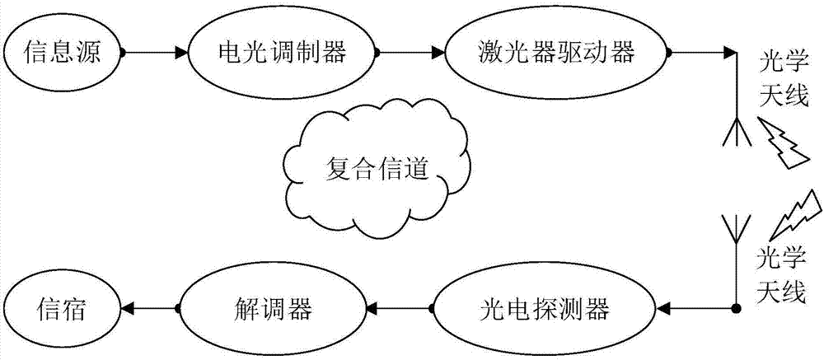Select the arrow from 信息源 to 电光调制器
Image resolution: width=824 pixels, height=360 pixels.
click(155, 53)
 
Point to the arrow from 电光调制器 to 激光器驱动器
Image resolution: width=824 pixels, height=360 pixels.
click(410, 53)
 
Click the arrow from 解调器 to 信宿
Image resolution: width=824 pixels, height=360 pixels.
click(151, 307)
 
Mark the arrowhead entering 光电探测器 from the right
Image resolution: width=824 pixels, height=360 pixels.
click(663, 307)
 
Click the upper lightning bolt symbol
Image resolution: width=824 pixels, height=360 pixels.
click(783, 143)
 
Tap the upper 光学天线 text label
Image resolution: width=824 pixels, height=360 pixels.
click(784, 85)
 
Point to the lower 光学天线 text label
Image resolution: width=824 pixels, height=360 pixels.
click(783, 276)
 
